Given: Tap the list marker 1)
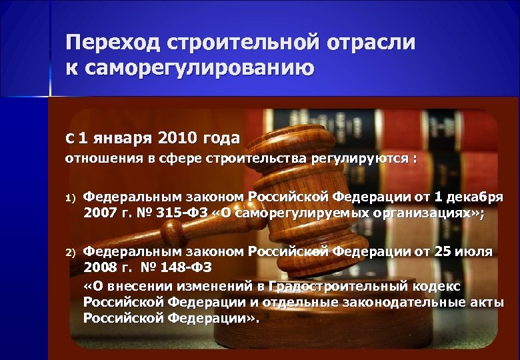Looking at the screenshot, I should (x=71, y=198).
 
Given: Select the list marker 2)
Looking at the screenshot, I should (x=71, y=252).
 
